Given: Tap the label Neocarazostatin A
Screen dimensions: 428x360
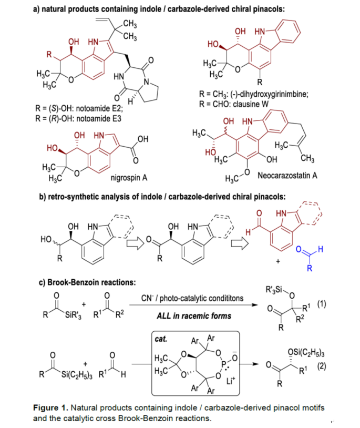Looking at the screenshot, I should coord(287,175).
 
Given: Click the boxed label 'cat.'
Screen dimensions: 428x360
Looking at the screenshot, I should coord(161,340).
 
